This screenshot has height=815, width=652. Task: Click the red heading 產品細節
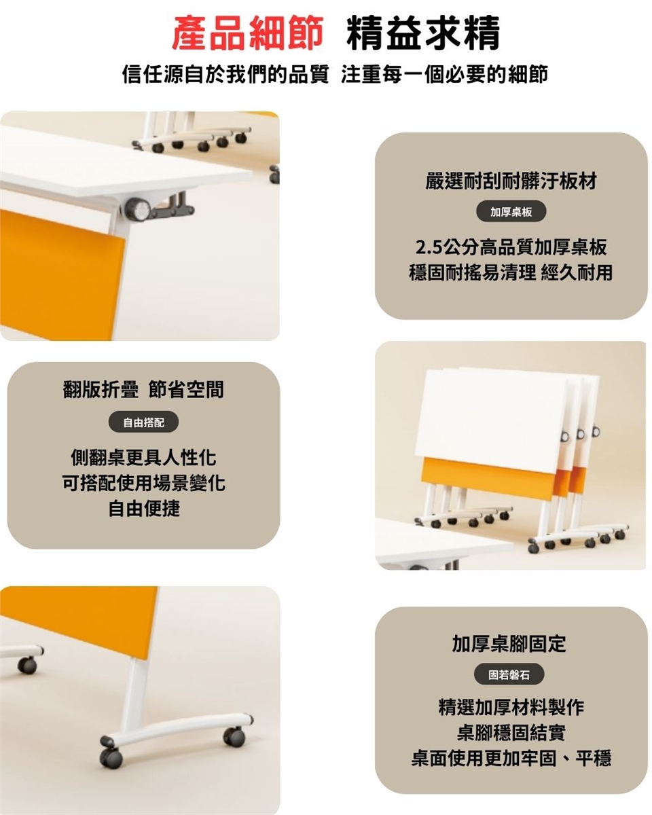click(247, 33)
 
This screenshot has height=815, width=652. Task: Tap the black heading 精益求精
click(423, 33)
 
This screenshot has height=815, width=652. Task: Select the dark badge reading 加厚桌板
click(511, 211)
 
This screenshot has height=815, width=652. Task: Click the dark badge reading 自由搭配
click(143, 422)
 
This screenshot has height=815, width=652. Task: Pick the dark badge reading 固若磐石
click(509, 675)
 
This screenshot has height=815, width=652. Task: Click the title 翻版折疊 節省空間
click(143, 389)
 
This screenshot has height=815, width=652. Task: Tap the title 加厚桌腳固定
click(509, 643)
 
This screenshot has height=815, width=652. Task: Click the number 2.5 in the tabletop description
click(429, 248)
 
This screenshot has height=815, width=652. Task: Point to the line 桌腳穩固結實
click(511, 732)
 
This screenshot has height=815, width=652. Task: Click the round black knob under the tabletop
click(138, 209)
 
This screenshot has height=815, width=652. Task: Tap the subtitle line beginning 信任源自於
click(335, 73)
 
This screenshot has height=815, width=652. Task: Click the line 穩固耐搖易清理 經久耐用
click(511, 272)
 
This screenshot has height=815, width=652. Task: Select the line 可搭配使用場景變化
click(143, 483)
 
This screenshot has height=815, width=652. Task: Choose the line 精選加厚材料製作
click(511, 707)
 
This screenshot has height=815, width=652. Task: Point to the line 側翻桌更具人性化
click(143, 458)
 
